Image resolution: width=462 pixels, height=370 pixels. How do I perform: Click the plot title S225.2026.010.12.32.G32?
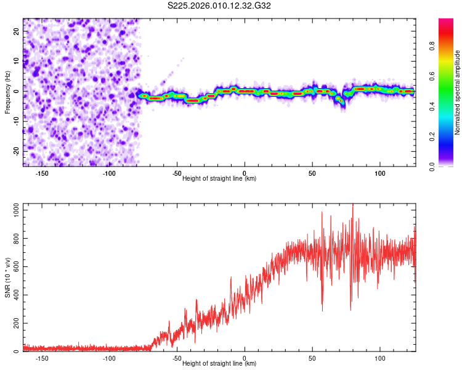219,6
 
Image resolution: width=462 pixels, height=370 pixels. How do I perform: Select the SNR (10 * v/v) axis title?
7,277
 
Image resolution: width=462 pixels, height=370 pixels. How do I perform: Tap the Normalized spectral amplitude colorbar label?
458,92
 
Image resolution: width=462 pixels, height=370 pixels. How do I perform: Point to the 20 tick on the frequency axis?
17,31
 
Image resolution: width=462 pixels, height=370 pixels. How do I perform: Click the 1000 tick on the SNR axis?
13,210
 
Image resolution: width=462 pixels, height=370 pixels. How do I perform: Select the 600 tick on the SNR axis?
15,267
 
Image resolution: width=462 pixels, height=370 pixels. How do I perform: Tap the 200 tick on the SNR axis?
15,323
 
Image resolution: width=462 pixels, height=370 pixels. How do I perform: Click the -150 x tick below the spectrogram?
42,173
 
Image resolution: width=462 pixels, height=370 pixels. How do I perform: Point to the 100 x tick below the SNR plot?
380,358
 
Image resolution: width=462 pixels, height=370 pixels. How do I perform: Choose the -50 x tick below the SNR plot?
177,358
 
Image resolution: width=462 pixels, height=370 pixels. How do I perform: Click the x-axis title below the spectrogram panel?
219,179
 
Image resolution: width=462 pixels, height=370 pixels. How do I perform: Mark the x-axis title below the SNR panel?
219,364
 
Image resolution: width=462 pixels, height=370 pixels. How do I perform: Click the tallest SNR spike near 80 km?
353,205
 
